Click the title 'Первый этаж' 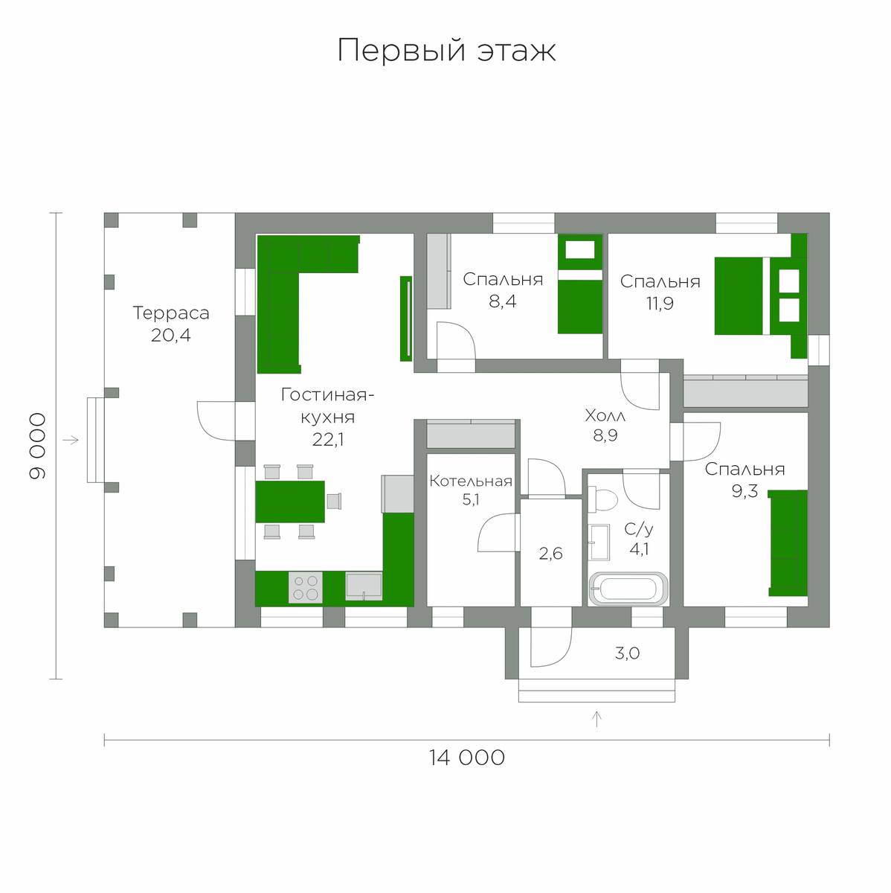[446, 51]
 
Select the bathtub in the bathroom [628, 589]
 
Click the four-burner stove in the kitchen [306, 587]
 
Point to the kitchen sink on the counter [364, 586]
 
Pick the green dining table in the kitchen [290, 502]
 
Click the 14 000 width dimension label [466, 758]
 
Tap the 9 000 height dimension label [37, 446]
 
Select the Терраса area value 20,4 [171, 335]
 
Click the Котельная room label [471, 481]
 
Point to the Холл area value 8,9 [605, 435]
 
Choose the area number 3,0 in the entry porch [628, 653]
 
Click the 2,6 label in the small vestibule [550, 553]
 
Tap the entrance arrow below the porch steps [597, 719]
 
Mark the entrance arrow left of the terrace [71, 440]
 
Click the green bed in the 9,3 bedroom [788, 543]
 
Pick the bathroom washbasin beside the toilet [599, 542]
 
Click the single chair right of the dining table [334, 501]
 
